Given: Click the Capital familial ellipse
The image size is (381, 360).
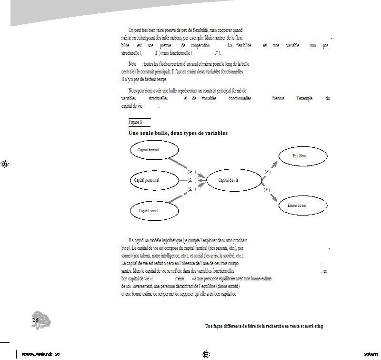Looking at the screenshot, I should tap(155, 150).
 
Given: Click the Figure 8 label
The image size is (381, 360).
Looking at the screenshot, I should tap(135, 122).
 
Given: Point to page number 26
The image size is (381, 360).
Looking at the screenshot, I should tap(35, 320).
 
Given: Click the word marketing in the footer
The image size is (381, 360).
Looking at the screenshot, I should tap(311, 326).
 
